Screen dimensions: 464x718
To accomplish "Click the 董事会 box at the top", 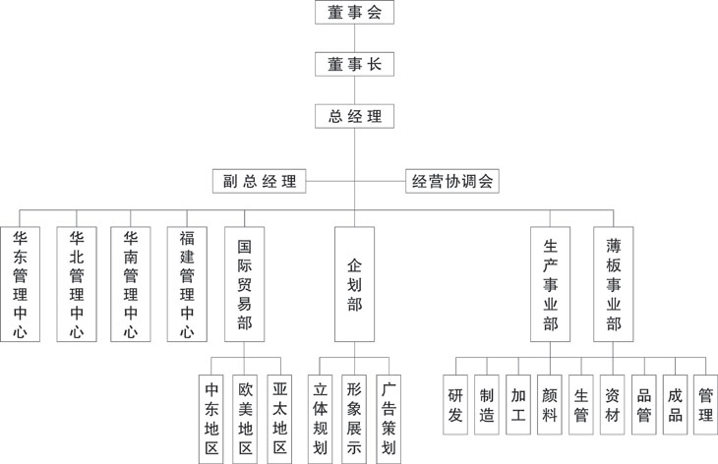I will (355, 13).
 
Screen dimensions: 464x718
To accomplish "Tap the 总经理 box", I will (355, 116).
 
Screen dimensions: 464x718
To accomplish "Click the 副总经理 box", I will (259, 181).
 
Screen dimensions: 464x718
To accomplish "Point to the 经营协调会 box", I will (452, 181).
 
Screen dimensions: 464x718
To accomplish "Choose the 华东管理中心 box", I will (21, 283).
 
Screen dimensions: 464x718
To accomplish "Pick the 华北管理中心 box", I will (77, 283).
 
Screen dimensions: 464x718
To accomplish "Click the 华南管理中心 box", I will (131, 283).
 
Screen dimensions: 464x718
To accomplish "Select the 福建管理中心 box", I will (187, 283).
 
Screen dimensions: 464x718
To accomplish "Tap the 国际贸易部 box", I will (244, 283).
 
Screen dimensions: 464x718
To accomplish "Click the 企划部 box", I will (355, 283).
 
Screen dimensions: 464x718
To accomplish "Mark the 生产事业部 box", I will (551, 283).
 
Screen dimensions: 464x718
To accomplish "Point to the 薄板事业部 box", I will (614, 283).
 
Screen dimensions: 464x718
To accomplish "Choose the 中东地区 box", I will (210, 417).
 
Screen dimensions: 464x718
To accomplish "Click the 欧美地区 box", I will (246, 417).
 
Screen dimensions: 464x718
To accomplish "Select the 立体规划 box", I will (320, 417).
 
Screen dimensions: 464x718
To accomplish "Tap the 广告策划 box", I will (389, 417).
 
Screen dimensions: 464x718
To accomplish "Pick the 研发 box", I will (455, 404).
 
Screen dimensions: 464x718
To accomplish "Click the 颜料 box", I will (550, 404).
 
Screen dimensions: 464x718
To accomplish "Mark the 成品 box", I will (675, 404).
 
